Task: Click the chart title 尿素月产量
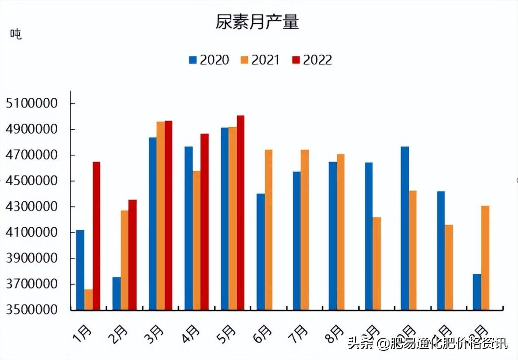[257, 22]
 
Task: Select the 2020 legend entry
[209, 60]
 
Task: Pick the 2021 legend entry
[260, 60]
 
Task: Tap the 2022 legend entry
[312, 60]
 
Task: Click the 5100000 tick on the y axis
[32, 104]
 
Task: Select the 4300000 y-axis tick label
[32, 207]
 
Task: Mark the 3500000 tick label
[32, 309]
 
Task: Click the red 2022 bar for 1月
[97, 236]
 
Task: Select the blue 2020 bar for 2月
[117, 293]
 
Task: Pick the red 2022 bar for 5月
[241, 213]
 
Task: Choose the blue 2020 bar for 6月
[261, 252]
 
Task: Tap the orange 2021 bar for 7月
[305, 230]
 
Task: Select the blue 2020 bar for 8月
[333, 236]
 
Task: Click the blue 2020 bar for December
[477, 292]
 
